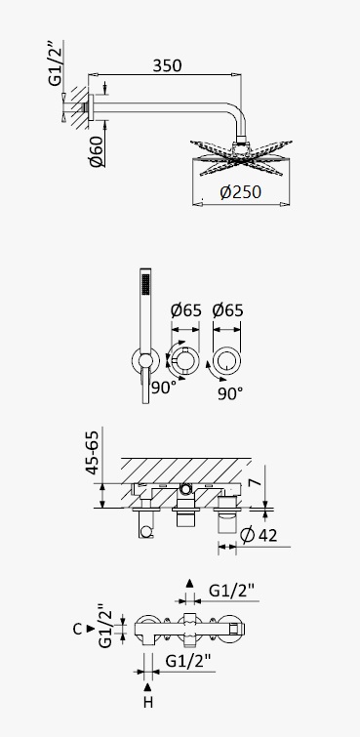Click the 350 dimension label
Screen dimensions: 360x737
167,65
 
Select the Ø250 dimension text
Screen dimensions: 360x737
240,192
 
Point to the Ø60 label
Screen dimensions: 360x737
97,151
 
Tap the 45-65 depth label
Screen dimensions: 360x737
93,452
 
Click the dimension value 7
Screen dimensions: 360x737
254,483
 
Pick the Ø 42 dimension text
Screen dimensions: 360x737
259,535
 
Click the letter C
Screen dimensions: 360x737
78,629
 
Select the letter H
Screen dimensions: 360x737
148,703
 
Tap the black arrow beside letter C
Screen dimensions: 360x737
91,629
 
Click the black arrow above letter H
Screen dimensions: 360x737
148,686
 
